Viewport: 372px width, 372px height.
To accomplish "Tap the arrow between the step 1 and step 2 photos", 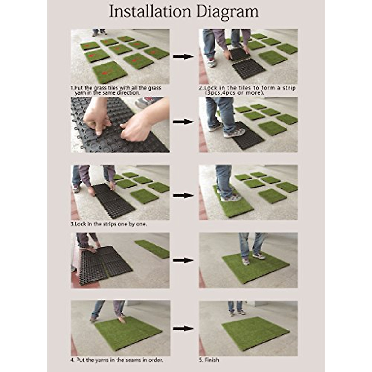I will click(x=183, y=57).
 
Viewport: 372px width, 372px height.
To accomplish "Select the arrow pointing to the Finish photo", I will click(x=183, y=328).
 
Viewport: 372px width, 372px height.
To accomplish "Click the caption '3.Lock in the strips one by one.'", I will click(x=109, y=224).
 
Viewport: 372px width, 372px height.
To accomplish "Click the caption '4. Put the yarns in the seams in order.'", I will click(x=117, y=360).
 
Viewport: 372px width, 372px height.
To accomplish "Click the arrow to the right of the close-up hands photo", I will click(x=183, y=122).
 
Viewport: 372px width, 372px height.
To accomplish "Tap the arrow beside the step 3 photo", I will click(x=183, y=196).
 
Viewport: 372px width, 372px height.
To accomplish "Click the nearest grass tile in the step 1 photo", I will click(x=109, y=72).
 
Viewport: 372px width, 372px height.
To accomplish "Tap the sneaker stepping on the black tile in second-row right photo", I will click(x=234, y=133).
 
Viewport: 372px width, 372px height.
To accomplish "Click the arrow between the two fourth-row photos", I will click(x=183, y=260).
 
